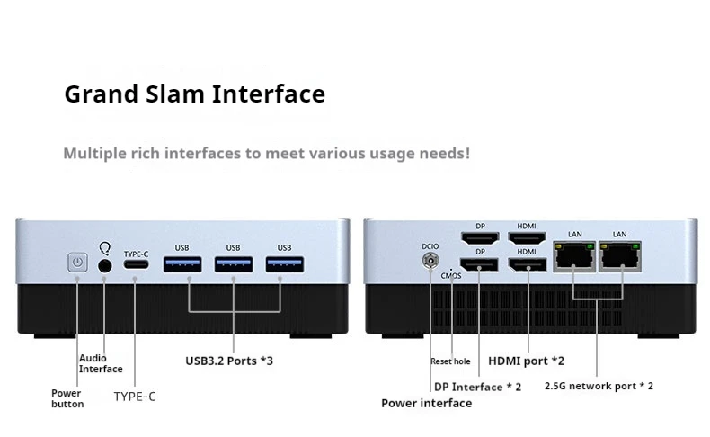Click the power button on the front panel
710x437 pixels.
[78, 263]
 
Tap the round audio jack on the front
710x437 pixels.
[105, 264]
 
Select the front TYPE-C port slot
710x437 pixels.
[137, 264]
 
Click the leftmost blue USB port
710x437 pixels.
[182, 264]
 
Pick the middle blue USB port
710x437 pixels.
[233, 264]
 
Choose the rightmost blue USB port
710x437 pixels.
[284, 264]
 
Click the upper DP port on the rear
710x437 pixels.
[480, 238]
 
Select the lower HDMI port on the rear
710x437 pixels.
[527, 264]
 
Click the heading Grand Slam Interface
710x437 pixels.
[194, 94]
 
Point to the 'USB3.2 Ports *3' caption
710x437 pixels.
[229, 361]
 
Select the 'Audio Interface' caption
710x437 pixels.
[101, 363]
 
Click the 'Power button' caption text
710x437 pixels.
[67, 398]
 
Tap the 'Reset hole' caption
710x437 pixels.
[450, 361]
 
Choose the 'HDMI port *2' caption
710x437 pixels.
[526, 361]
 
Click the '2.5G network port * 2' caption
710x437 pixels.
[599, 386]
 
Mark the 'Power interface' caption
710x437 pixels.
[427, 403]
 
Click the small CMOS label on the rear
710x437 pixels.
[451, 276]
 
